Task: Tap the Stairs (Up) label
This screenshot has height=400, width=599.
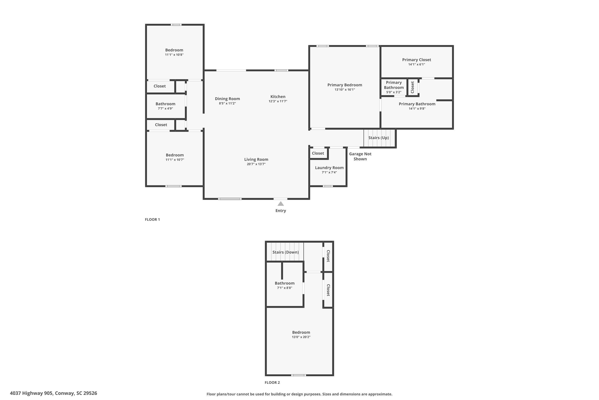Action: point(378,138)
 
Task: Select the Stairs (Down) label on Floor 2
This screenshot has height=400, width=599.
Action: point(286,252)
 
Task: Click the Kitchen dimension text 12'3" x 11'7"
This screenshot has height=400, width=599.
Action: point(278,101)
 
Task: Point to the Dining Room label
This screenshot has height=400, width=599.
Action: point(227,99)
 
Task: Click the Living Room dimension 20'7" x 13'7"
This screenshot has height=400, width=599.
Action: point(256,164)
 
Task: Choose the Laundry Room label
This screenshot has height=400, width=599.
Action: point(329,168)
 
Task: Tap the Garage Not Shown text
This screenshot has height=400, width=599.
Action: point(360,156)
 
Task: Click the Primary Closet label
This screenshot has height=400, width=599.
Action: point(416,60)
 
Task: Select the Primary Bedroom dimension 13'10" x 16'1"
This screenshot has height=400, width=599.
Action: point(345,90)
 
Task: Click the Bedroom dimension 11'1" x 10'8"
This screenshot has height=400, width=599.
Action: point(174,55)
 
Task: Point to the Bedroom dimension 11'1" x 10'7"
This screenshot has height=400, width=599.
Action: point(175,160)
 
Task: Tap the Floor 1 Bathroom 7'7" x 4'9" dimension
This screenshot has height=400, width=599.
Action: point(165,108)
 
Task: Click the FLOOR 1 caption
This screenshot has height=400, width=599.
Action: point(152,219)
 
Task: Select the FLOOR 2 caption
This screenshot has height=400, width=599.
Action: point(272,382)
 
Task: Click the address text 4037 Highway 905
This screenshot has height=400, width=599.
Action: point(31,393)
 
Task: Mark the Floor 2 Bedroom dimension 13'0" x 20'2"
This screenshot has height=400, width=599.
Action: point(301,337)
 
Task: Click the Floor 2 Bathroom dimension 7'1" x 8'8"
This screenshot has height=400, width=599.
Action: point(285,288)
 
